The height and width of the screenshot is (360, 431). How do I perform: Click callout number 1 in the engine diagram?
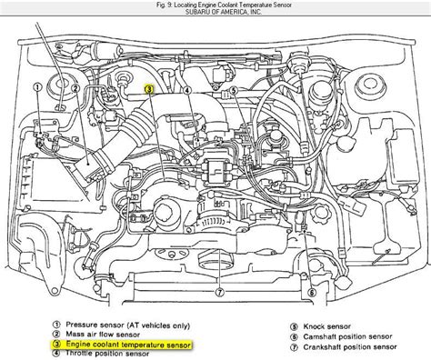tap(37, 87)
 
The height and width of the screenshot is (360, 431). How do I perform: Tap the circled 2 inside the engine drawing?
tap(75, 88)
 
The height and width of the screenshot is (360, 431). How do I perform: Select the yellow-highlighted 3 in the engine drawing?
tap(149, 89)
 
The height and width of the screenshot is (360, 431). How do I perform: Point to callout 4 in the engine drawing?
tap(187, 90)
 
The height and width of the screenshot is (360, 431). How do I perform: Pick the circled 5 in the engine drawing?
tap(234, 90)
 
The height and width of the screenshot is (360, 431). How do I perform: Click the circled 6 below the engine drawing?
tap(312, 293)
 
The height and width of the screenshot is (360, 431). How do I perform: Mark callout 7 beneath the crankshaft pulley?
tap(220, 293)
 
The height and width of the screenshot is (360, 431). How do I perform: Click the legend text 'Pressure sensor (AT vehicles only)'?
tap(128, 325)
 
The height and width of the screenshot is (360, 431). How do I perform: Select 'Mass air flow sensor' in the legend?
tap(103, 335)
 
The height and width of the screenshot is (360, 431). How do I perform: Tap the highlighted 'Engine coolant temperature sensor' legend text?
tap(128, 345)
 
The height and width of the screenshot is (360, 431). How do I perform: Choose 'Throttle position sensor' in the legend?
tap(107, 354)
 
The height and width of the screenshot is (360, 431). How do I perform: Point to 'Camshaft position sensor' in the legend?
tap(347, 336)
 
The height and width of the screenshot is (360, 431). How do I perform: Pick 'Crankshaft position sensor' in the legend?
tap(350, 347)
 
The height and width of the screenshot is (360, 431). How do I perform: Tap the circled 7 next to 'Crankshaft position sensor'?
tap(294, 347)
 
